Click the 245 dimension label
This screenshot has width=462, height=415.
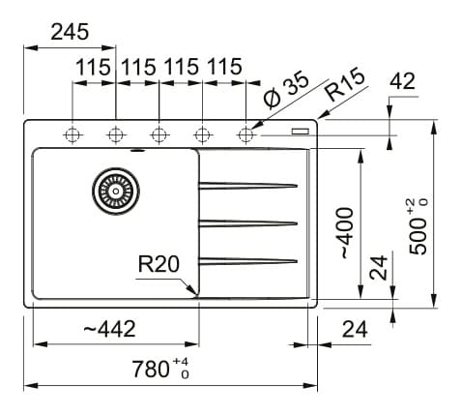pyautogui.click(x=70, y=32)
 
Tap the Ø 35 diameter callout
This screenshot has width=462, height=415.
pyautogui.click(x=285, y=90)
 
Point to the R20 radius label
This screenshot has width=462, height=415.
pyautogui.click(x=159, y=264)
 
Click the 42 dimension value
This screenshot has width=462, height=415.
pyautogui.click(x=402, y=81)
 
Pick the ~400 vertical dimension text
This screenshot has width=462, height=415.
pyautogui.click(x=345, y=233)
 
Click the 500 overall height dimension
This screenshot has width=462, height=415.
pyautogui.click(x=419, y=226)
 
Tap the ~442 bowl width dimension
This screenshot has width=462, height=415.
pyautogui.click(x=109, y=329)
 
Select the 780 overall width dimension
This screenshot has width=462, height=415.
pyautogui.click(x=160, y=369)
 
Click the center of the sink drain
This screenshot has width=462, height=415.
pyautogui.click(x=116, y=192)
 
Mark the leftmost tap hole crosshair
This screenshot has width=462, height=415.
pyautogui.click(x=72, y=134)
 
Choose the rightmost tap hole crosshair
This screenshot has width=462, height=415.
pyautogui.click(x=245, y=134)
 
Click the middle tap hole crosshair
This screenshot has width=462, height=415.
pyautogui.click(x=159, y=134)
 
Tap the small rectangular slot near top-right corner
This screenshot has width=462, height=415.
pyautogui.click(x=301, y=132)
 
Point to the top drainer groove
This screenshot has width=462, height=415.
pyautogui.click(x=247, y=186)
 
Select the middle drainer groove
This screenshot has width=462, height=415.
pyautogui.click(x=247, y=223)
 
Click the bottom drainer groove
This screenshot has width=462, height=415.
pyautogui.click(x=247, y=261)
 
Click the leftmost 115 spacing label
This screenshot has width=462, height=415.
pyautogui.click(x=93, y=67)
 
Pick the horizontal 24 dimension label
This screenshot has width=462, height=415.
pyautogui.click(x=355, y=329)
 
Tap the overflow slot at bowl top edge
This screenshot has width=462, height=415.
pyautogui.click(x=138, y=150)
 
